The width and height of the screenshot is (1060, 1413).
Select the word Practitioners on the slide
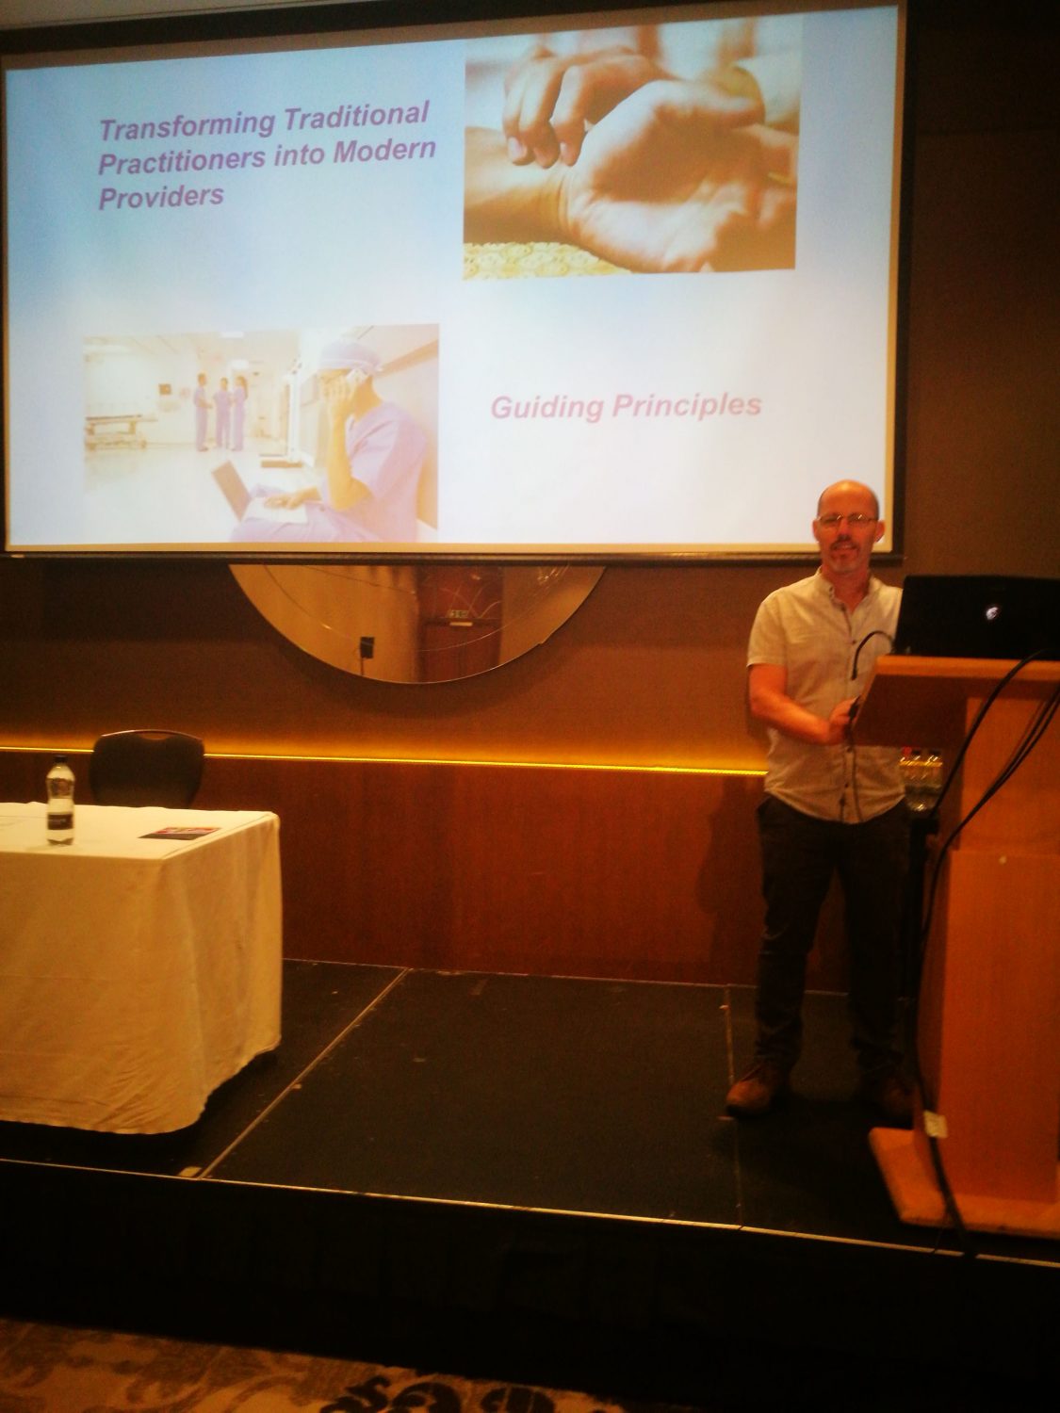(x=180, y=159)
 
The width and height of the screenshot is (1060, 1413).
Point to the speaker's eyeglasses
(x=847, y=521)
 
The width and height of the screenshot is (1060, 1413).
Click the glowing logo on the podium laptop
(x=991, y=613)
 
